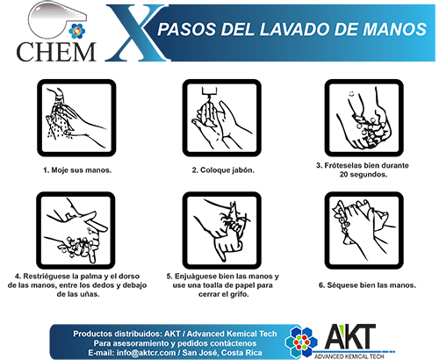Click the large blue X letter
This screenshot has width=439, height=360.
coord(135,32)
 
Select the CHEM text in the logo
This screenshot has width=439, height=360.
coord(56,52)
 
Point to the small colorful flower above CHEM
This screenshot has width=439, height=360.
coord(76,31)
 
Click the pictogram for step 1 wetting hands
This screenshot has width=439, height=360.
coord(76,118)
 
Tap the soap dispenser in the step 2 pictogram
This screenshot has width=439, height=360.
coord(208,90)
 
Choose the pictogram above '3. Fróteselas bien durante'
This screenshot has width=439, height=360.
coord(364,118)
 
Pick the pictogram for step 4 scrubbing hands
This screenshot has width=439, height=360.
coord(76,230)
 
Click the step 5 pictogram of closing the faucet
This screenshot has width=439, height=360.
coord(222,230)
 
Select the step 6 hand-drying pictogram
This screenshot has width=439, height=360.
coord(364,230)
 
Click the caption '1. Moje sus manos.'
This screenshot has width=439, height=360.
coord(77,170)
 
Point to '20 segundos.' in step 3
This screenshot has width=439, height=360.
coord(363,175)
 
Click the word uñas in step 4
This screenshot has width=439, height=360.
coord(90,294)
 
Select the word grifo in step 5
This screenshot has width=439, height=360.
coord(239,294)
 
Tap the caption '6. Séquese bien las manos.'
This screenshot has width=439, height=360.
coord(367,285)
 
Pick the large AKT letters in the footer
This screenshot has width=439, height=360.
coord(349,336)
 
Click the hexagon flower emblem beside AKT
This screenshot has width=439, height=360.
coord(301,342)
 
